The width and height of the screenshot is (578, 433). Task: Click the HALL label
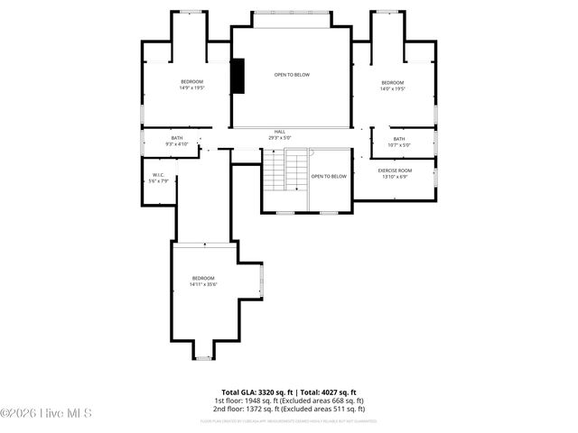pos(280,132)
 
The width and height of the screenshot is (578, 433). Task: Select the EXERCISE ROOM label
pos(395,170)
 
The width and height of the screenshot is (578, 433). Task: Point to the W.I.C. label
pos(158,175)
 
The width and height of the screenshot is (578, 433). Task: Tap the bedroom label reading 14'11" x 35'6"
pos(203,281)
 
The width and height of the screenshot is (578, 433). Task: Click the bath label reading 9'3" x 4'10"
pos(176,141)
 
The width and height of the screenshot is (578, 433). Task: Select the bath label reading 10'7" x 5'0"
pos(398,142)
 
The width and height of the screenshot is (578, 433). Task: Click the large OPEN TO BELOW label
pos(292,75)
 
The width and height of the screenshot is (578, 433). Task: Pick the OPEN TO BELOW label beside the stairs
pos(329,176)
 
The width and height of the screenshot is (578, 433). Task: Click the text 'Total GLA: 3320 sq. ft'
pos(256,392)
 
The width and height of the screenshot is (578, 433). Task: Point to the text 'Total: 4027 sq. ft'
pos(329,392)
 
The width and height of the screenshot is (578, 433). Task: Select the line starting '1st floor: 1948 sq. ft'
pos(289,401)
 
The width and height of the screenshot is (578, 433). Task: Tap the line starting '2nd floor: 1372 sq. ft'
pos(289,409)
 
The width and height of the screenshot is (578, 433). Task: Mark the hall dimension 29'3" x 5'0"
pos(280,138)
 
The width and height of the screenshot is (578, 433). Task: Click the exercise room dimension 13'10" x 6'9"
pos(395,177)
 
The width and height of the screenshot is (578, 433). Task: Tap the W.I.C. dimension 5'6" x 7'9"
pos(158,181)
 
